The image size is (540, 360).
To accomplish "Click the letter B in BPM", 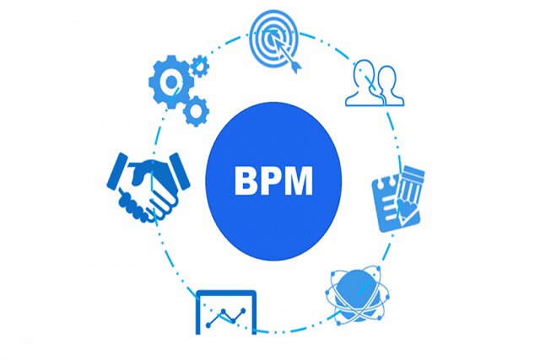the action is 246,181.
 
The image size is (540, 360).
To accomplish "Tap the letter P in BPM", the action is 273,181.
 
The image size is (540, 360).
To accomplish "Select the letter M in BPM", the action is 300,181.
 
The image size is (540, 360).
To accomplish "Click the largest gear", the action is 171,82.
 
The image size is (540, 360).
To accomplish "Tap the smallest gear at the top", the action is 200,66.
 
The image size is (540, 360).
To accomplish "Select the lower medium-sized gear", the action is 195,110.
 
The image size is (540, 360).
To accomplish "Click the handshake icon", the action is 148,187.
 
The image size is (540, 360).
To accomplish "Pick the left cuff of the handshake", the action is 117,171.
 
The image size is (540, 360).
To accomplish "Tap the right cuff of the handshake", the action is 180,170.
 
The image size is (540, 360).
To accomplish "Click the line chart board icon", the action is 226,313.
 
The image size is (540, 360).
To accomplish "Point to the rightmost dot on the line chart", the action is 244,310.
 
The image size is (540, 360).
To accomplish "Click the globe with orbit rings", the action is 357,296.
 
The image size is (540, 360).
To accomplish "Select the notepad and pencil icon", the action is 398,200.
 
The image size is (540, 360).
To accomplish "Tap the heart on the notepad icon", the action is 406,207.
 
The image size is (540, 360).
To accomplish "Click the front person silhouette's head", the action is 386,78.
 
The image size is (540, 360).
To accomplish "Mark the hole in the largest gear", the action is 171,82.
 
